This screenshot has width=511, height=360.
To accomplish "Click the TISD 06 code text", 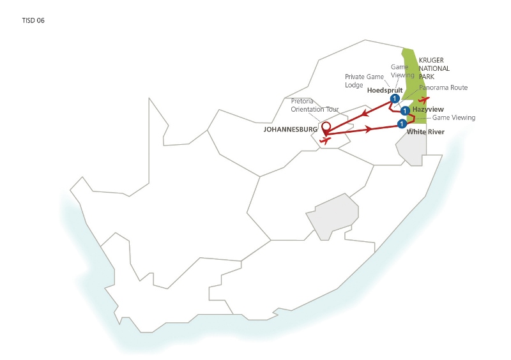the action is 33,20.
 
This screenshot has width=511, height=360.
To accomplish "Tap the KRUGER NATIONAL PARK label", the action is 434,68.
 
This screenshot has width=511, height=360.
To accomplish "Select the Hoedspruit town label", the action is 385,90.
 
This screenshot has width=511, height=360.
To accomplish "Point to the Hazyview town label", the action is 428,109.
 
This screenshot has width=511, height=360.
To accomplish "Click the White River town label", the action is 425,132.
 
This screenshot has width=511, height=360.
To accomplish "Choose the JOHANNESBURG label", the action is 291,130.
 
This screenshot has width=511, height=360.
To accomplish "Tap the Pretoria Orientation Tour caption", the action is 314,105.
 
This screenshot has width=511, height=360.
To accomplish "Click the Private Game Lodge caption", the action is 364,81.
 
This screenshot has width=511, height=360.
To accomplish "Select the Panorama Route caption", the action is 443,87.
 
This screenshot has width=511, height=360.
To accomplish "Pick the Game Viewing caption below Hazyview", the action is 454,117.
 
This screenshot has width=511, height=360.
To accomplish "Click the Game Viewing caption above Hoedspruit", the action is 402,71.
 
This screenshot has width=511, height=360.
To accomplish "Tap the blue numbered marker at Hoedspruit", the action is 395,98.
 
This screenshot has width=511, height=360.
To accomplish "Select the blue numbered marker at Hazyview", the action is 405,111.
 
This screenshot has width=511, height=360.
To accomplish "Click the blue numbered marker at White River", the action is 402,124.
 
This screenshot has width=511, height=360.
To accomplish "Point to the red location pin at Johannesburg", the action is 326,129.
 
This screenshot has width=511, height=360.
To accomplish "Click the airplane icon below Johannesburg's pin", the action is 325,140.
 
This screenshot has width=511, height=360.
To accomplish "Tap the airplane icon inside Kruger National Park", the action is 423,100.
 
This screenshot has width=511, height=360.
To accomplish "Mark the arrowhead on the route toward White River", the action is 369,130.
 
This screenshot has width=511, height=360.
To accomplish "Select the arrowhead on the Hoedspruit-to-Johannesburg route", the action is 364,114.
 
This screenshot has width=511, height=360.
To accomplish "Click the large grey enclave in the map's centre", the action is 332,216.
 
